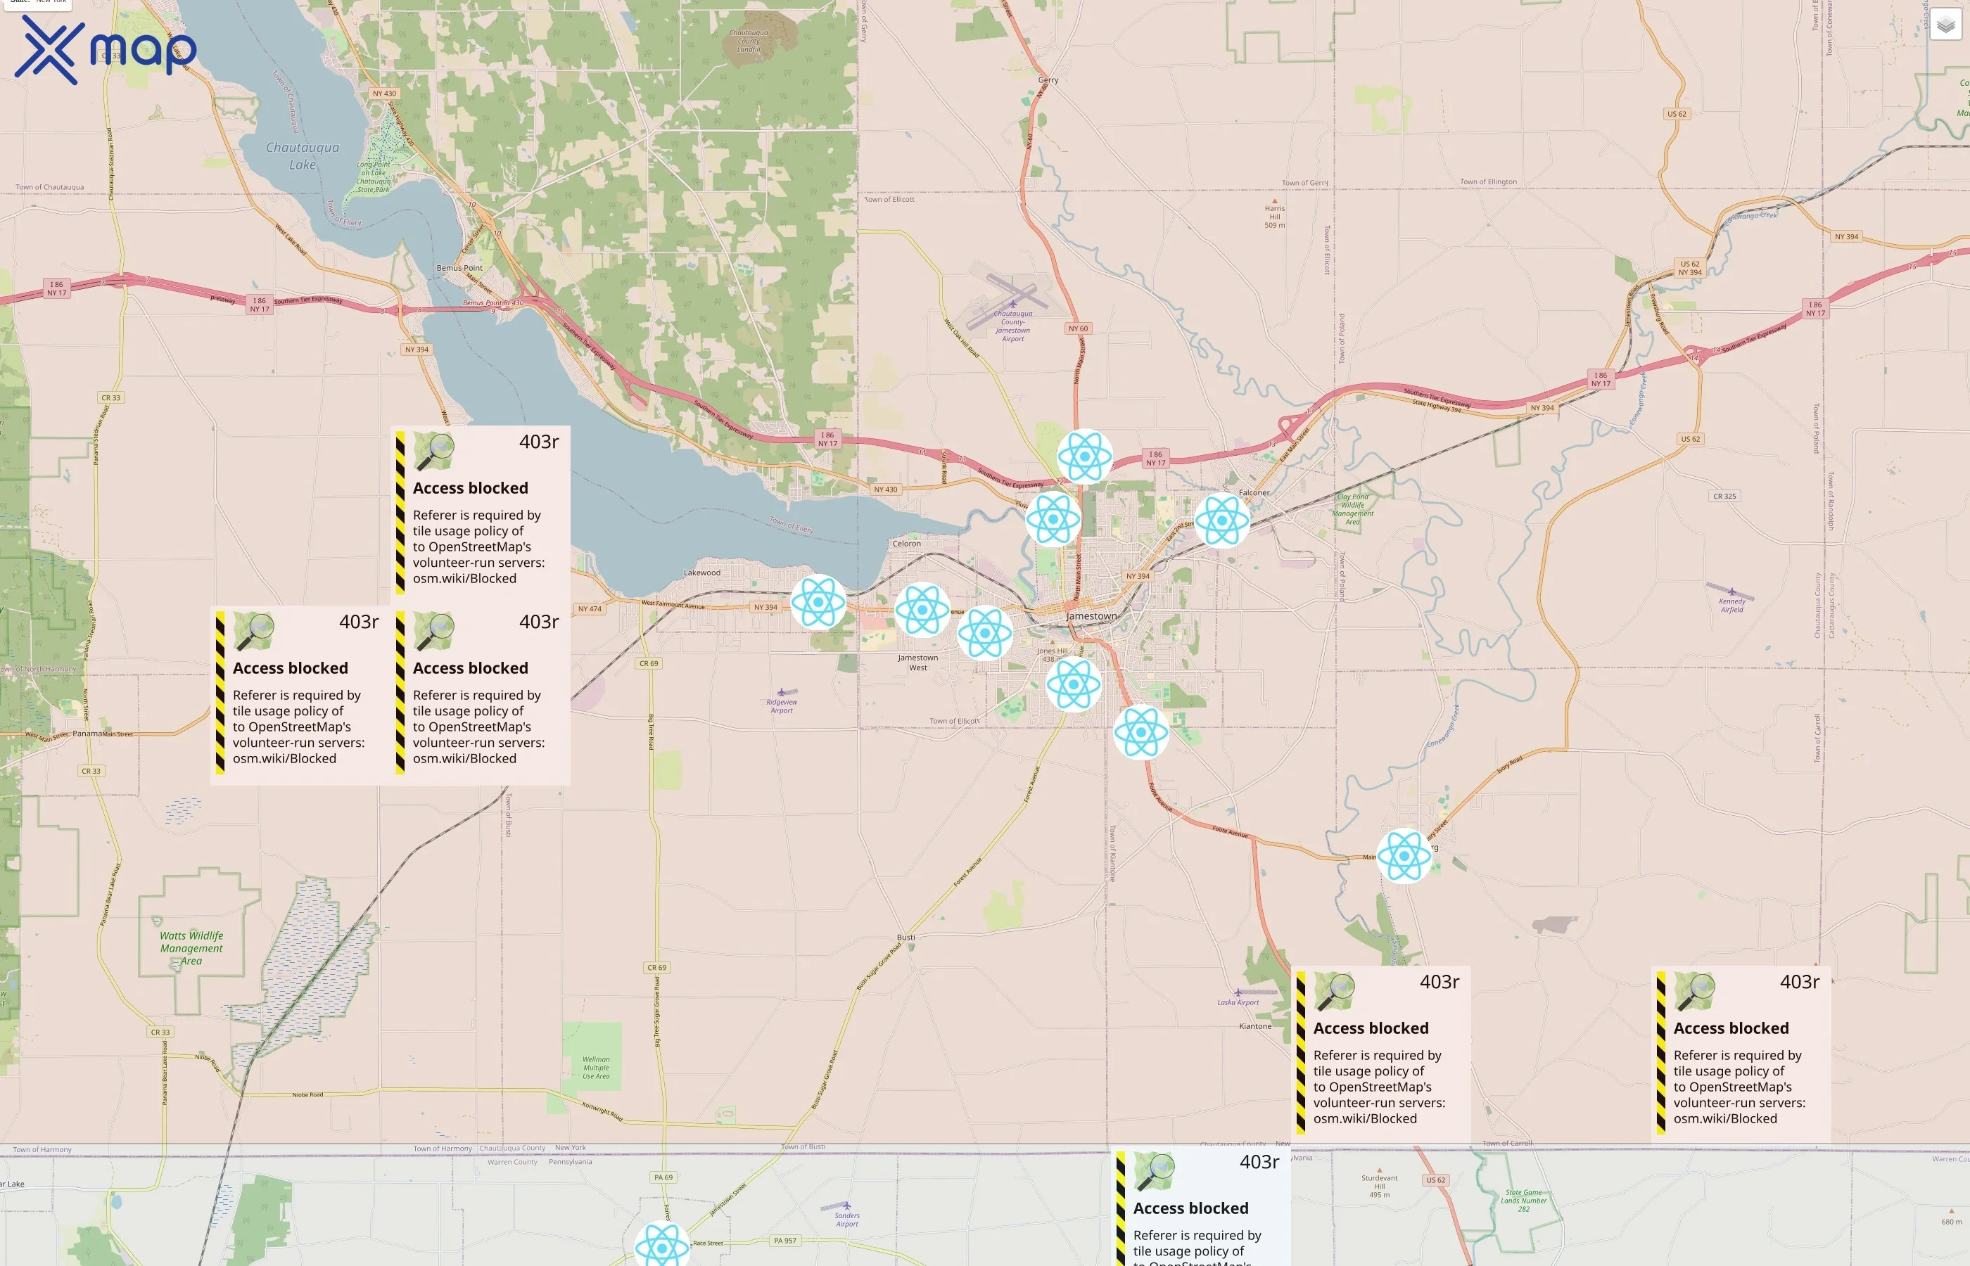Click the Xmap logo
pos(106,49)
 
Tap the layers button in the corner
pos(1945,25)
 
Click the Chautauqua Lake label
pos(302,155)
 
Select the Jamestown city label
pos(1091,615)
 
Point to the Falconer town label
pos(1254,492)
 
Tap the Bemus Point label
pos(459,268)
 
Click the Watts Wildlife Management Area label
pos(191,948)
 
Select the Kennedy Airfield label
pos(1731,605)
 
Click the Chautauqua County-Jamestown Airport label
pos(1013,326)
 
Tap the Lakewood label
pos(701,573)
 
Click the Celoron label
pos(907,544)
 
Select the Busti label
pos(905,937)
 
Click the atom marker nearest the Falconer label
pos(1222,520)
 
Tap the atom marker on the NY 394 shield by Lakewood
pos(818,603)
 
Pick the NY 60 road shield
pos(1078,329)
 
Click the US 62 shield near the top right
pos(1677,114)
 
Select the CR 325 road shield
pos(1724,497)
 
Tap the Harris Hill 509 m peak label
pos(1274,216)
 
